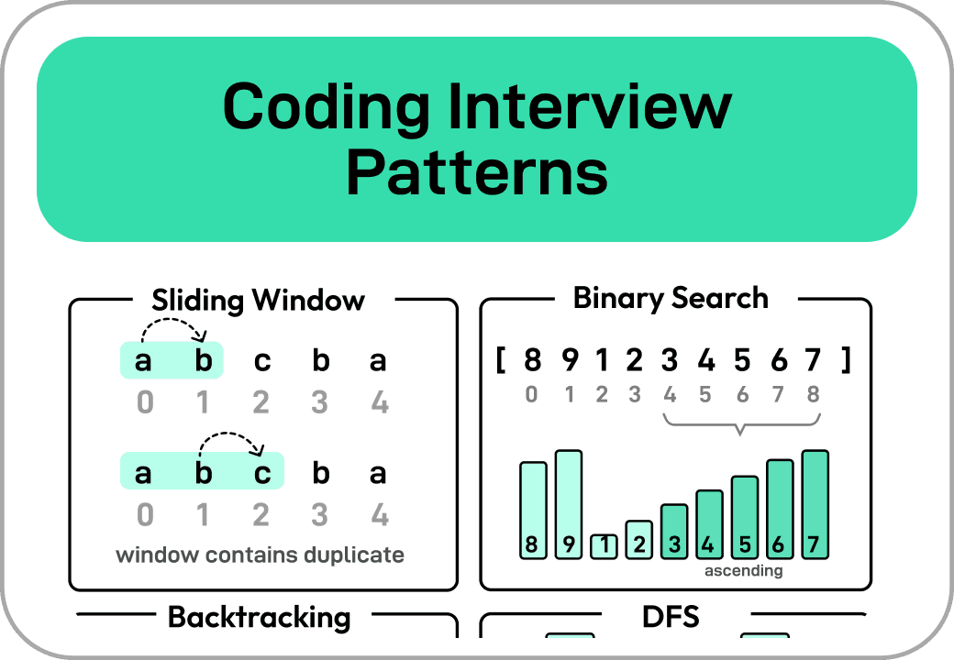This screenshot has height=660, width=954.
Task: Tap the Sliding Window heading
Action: pyautogui.click(x=259, y=301)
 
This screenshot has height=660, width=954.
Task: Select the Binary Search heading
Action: pyautogui.click(x=671, y=298)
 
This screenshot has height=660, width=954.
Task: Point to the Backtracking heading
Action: pyautogui.click(x=259, y=617)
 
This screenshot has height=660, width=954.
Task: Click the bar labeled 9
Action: pyautogui.click(x=569, y=504)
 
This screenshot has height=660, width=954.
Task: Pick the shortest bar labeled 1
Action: pyautogui.click(x=604, y=546)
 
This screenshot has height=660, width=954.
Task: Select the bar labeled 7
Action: pyautogui.click(x=815, y=504)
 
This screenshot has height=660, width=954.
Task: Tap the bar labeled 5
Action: pyautogui.click(x=745, y=517)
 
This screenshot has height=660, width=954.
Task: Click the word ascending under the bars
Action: pyautogui.click(x=743, y=571)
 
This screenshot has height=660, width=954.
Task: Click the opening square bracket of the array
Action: pyautogui.click(x=501, y=361)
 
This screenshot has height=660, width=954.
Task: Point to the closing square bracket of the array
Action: pyautogui.click(x=845, y=361)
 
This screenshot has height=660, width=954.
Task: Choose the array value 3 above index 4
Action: pyautogui.click(x=669, y=361)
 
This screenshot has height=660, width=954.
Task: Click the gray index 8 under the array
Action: pyautogui.click(x=813, y=395)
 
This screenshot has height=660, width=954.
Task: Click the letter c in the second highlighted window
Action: pyautogui.click(x=262, y=473)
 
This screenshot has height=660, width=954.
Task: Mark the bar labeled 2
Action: pyautogui.click(x=639, y=540)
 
